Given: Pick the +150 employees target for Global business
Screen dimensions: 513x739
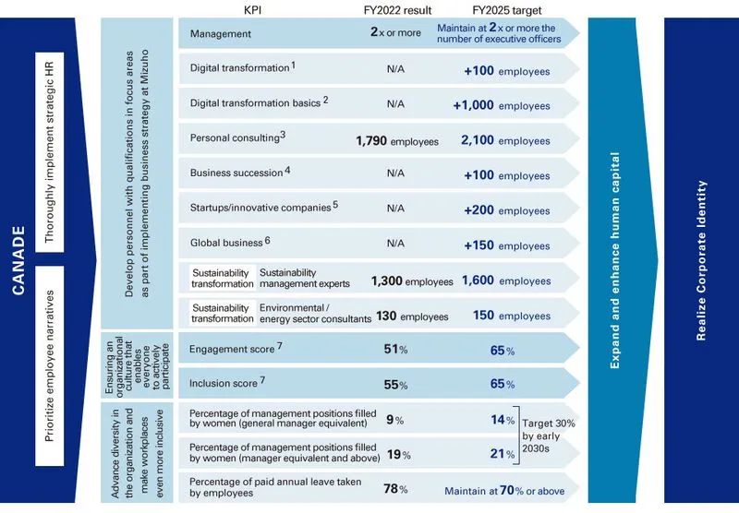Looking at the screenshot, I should click(x=506, y=246).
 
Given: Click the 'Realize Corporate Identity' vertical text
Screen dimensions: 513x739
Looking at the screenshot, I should click(x=701, y=258).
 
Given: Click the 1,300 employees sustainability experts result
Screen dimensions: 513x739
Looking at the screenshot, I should click(x=412, y=281).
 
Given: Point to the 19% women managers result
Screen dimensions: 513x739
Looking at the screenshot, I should click(x=397, y=455).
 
